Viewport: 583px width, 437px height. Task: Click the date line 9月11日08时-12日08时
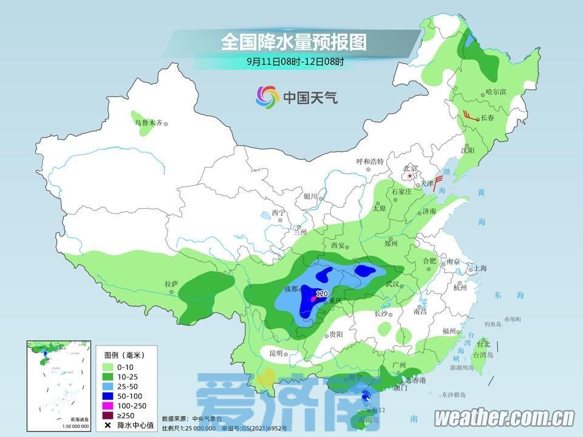click(x=295, y=61)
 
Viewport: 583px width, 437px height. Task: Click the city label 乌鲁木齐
click(x=148, y=123)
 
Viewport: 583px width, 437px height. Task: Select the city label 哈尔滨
click(x=496, y=92)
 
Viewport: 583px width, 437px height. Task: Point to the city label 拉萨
click(x=171, y=283)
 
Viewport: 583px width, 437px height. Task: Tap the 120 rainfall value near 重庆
click(x=322, y=294)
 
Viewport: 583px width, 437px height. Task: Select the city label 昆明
click(x=276, y=353)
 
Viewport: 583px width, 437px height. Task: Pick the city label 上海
click(x=480, y=268)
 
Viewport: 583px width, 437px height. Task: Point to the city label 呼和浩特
click(x=370, y=161)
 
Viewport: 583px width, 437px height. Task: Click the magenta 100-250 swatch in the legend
click(x=108, y=405)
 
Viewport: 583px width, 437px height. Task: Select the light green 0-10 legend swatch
click(x=108, y=367)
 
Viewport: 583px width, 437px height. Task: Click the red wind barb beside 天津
click(x=437, y=181)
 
